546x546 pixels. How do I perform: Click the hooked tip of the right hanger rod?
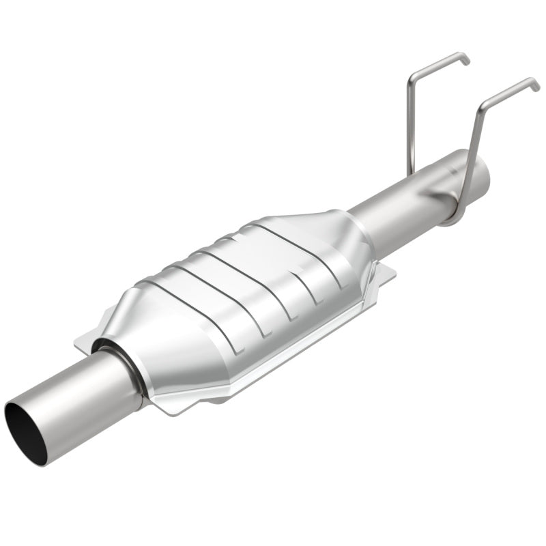coord(536,85)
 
